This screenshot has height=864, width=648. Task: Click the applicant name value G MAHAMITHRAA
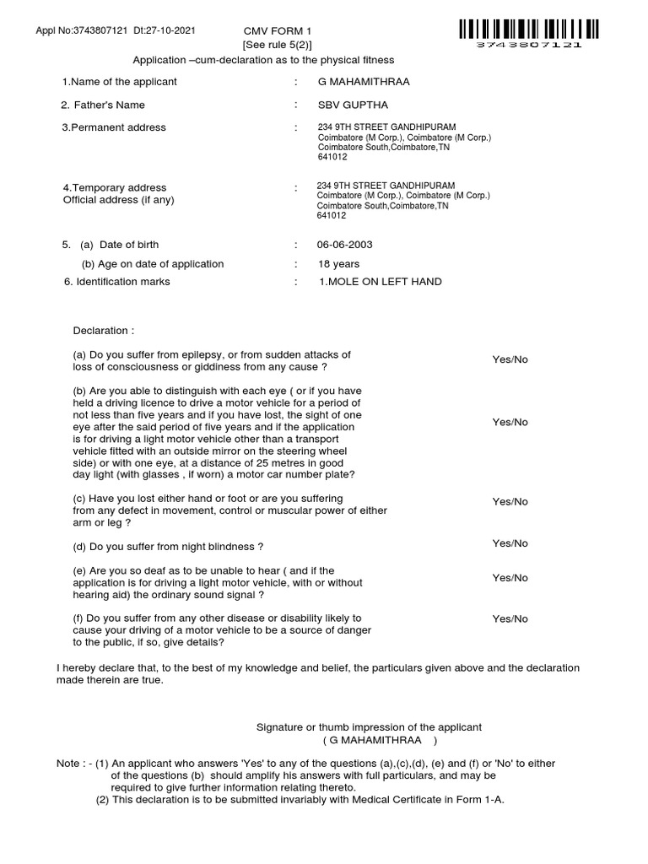(x=358, y=81)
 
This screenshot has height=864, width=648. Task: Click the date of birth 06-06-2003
(x=344, y=245)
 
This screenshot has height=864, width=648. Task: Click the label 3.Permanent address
(x=114, y=127)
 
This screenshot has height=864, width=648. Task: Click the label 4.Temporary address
(x=115, y=187)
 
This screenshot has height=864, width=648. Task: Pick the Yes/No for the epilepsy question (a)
(x=510, y=359)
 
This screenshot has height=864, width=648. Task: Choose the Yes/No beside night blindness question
(x=510, y=543)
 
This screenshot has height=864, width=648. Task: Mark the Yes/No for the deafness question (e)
(x=510, y=578)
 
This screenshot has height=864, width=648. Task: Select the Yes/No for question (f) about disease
(x=510, y=618)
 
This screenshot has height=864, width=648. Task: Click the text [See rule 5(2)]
(x=271, y=45)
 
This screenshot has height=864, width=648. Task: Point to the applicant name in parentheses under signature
(x=381, y=740)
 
